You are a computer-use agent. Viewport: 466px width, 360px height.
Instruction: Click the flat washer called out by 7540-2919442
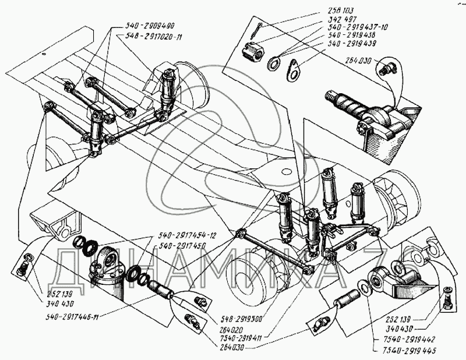363,287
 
